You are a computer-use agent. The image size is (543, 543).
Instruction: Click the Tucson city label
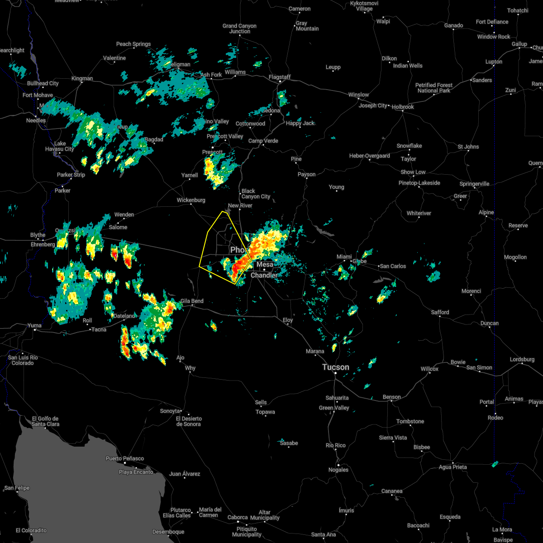click(x=336, y=367)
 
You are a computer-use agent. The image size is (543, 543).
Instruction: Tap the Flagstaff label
click(x=279, y=77)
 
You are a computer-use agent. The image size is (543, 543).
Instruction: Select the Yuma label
click(x=34, y=325)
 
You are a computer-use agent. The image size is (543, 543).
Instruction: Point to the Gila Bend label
click(x=192, y=301)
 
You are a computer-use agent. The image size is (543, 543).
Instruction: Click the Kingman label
click(x=82, y=79)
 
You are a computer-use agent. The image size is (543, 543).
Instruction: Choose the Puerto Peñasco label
click(x=124, y=458)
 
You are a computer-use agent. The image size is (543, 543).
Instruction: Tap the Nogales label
click(x=338, y=470)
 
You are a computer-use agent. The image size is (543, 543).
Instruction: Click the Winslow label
click(x=358, y=95)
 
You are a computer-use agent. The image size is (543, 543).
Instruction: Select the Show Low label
click(x=413, y=172)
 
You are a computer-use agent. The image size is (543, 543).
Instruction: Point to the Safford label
click(x=439, y=312)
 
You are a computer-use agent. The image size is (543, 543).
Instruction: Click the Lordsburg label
click(x=522, y=359)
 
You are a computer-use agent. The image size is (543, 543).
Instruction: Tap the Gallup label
click(x=519, y=44)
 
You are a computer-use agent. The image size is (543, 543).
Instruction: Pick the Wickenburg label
click(x=191, y=200)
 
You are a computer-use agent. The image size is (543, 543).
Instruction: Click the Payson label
click(x=306, y=174)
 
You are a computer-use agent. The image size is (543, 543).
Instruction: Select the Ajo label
click(x=180, y=358)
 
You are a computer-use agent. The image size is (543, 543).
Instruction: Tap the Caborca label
click(x=238, y=517)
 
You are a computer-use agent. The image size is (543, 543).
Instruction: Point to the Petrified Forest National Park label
click(x=433, y=88)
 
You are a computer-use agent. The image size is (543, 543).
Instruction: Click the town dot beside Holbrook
click(x=403, y=112)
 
